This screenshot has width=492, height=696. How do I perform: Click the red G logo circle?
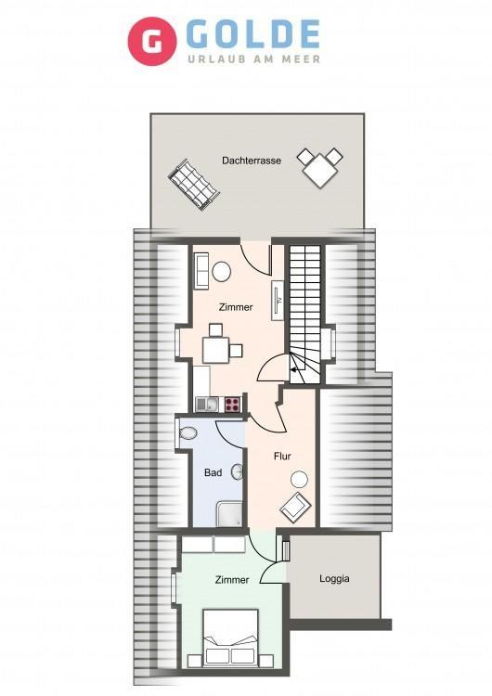pyautogui.click(x=152, y=41)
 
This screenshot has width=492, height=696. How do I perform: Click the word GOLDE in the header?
pyautogui.click(x=253, y=34)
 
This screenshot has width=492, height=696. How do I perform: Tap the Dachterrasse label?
pyautogui.click(x=252, y=161)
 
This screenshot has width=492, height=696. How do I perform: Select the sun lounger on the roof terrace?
pyautogui.click(x=194, y=185)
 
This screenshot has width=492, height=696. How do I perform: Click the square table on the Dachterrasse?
pyautogui.click(x=320, y=169)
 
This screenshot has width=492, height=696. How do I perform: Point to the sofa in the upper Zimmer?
pyautogui.click(x=201, y=270)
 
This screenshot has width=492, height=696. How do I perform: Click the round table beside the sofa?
pyautogui.click(x=221, y=272)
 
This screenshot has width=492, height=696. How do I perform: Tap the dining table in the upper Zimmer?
pyautogui.click(x=215, y=350)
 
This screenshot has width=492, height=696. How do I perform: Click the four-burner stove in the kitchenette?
pyautogui.click(x=232, y=405)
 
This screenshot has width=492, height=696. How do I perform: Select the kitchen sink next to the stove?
pyautogui.click(x=207, y=404)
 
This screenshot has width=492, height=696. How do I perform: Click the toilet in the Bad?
pyautogui.click(x=188, y=432)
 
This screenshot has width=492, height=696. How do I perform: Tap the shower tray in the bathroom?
pyautogui.click(x=229, y=514)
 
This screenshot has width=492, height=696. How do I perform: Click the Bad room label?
pyautogui.click(x=214, y=472)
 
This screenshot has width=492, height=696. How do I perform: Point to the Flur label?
pyautogui.click(x=282, y=456)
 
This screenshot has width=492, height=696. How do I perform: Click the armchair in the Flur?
pyautogui.click(x=295, y=507)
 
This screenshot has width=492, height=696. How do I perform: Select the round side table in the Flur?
pyautogui.click(x=299, y=480)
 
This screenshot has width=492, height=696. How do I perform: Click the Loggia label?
pyautogui.click(x=334, y=578)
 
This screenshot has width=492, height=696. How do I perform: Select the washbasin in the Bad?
pyautogui.click(x=238, y=471)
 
